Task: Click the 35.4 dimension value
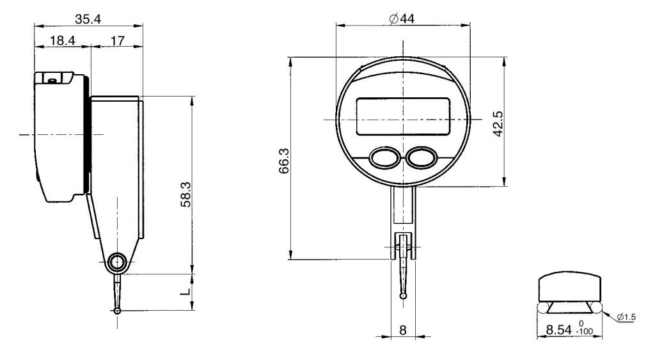pyautogui.click(x=88, y=19)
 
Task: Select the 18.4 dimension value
pyautogui.click(x=62, y=41)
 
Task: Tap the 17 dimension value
pyautogui.click(x=117, y=41)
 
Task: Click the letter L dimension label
pyautogui.click(x=184, y=292)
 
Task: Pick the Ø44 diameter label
pyautogui.click(x=402, y=19)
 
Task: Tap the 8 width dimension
pyautogui.click(x=402, y=331)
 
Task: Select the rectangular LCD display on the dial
pyautogui.click(x=402, y=116)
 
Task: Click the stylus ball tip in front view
pyautogui.click(x=402, y=295)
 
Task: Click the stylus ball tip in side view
pyautogui.click(x=117, y=311)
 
